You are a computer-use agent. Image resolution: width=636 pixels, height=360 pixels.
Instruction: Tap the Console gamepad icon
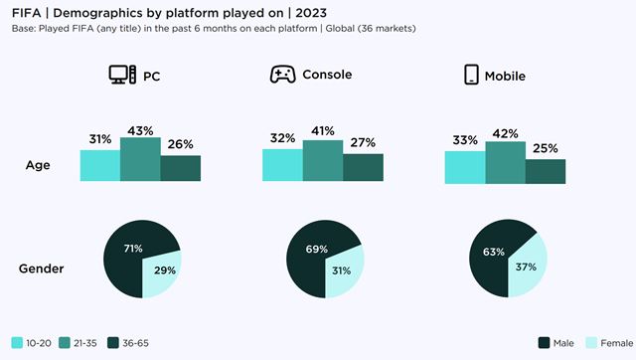coord(283,76)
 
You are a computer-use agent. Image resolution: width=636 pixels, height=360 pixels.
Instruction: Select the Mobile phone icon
coord(472,76)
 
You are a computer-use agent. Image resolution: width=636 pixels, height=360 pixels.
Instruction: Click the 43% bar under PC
coord(140,160)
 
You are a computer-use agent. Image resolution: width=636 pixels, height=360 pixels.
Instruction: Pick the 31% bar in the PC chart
coord(99,166)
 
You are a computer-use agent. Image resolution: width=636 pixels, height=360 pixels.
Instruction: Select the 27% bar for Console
coord(363,168)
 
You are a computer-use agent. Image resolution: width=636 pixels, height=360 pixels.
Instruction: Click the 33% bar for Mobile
coord(465,167)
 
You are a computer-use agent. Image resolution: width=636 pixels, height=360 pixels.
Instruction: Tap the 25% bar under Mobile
coord(546,171)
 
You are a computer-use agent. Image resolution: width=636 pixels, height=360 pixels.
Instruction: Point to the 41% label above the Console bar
coord(323,130)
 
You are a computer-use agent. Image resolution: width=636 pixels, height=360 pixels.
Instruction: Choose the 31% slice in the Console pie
coord(344,271)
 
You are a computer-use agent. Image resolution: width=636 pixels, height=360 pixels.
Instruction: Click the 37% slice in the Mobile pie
coord(529,267)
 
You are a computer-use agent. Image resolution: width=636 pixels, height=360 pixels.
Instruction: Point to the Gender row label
coord(44,269)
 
